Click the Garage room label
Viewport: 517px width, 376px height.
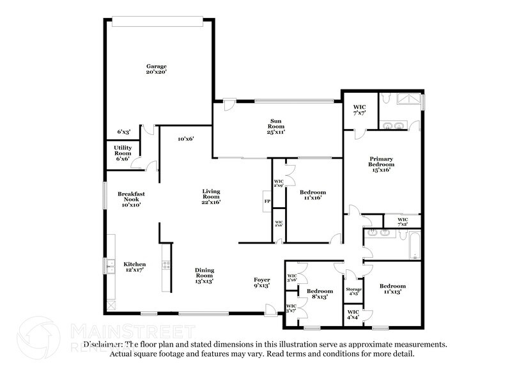(156, 69)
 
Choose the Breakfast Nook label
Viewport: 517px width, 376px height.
(131, 199)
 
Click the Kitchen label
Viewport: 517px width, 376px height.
(135, 267)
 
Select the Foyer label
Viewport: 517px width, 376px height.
(262, 282)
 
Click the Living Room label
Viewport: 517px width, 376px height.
(211, 197)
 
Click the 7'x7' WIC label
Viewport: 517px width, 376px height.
(359, 109)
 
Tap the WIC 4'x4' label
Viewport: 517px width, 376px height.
(353, 315)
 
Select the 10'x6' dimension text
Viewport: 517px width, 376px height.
(185, 138)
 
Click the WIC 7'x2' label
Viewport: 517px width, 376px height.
(403, 222)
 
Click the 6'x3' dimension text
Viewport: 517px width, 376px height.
(123, 132)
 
